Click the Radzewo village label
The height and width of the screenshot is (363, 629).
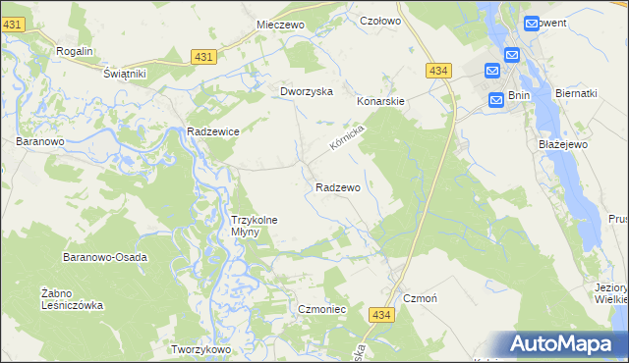338,186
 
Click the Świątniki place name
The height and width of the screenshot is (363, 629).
125,74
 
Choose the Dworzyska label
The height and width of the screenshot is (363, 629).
307,91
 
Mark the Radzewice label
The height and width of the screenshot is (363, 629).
214,130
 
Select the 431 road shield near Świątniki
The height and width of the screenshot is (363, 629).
203,58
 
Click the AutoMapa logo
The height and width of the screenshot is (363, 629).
567,343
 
